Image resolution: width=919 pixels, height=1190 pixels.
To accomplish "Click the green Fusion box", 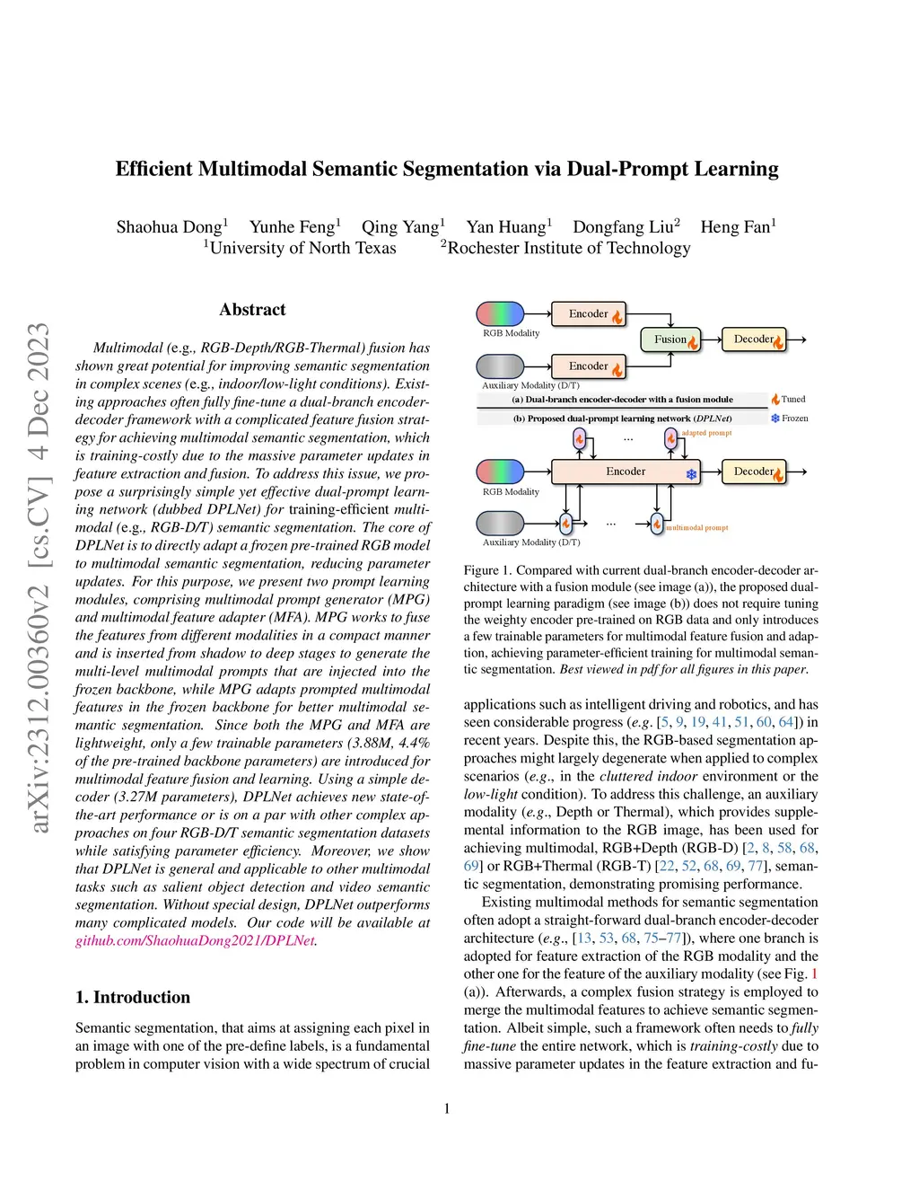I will (670, 339).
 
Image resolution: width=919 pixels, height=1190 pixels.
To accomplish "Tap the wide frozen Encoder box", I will (626, 472).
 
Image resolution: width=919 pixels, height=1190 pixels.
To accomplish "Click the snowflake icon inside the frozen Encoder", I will (692, 474).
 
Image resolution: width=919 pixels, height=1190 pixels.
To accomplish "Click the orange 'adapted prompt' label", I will (706, 433).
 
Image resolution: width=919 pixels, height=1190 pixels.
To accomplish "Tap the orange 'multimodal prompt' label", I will (697, 528).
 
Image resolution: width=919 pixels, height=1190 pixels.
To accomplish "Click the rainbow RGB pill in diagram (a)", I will (500, 313).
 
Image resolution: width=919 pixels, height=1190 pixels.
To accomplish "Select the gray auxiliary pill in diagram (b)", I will (500, 523).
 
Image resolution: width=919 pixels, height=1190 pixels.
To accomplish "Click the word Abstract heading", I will (252, 310).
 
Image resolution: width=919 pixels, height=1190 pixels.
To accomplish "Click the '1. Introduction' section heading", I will (133, 997).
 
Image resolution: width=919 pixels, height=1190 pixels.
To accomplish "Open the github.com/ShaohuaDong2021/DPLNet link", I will (195, 940).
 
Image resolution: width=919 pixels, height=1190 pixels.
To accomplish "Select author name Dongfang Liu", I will (626, 227).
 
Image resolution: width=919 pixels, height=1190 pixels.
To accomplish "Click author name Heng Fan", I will (737, 227).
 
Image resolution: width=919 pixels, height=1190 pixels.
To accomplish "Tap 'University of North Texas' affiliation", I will (302, 248).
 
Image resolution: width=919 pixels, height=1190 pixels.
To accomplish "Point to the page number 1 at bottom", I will (447, 1108).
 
